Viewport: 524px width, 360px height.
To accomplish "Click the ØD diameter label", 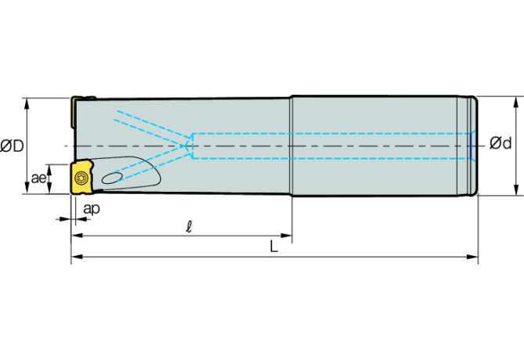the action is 12,146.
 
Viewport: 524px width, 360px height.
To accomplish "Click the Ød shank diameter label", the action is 501,143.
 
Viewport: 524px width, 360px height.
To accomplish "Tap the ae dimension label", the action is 38,178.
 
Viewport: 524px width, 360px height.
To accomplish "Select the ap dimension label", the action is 92,209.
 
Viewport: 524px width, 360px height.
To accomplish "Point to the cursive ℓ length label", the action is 189,226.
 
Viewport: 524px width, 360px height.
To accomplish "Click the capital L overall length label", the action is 274,247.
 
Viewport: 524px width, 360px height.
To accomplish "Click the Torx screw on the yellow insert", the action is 81,178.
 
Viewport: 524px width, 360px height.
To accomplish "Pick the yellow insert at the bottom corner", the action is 81,177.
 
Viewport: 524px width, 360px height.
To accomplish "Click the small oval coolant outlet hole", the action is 113,178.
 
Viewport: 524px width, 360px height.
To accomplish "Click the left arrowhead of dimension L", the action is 77,257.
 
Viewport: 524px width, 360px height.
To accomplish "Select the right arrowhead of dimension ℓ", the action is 286,236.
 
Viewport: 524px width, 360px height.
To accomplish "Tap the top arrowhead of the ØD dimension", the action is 27,104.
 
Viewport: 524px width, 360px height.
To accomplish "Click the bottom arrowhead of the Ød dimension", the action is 516,189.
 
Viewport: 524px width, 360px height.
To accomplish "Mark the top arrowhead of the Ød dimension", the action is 516,103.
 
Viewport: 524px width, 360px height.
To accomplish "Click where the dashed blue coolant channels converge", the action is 185,146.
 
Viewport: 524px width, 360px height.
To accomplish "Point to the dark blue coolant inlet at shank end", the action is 471,146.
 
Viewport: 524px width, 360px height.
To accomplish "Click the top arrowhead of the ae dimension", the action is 49,170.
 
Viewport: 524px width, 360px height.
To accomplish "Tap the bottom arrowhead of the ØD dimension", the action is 27,188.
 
